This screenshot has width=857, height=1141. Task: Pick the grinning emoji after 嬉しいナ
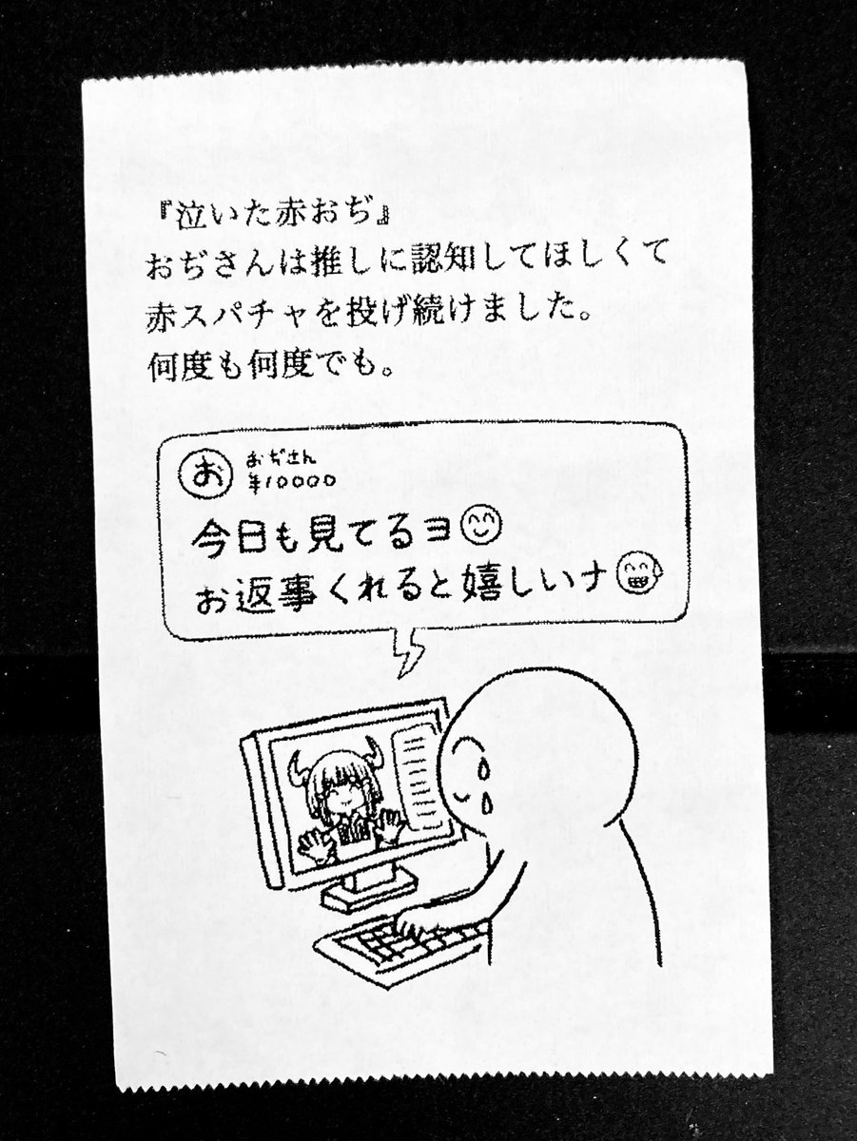coord(631,574)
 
